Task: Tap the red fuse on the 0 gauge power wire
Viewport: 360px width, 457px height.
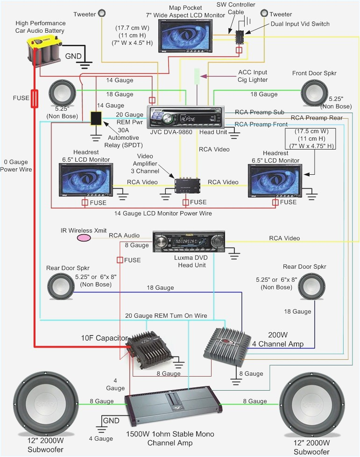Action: coord(35,99)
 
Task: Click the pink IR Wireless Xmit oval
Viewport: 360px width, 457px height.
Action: coord(84,238)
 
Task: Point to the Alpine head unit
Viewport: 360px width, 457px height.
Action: coord(186,117)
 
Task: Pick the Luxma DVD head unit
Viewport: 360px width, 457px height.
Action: coord(189,242)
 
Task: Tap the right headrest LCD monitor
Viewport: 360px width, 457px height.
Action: coord(275,179)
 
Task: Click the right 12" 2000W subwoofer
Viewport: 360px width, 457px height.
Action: coord(311,402)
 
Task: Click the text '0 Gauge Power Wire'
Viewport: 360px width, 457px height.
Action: coord(16,165)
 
